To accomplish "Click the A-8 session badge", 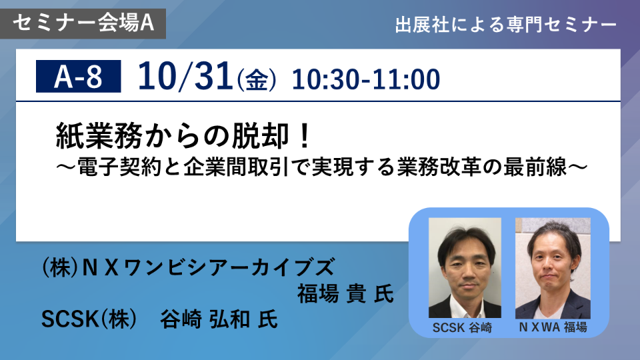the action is click(x=79, y=76).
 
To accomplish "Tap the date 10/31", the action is click(x=185, y=76).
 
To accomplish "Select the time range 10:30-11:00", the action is click(x=366, y=79).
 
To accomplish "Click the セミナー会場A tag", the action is click(x=83, y=23).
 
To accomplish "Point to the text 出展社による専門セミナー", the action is click(x=506, y=25).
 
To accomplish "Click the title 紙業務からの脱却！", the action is click(x=184, y=135).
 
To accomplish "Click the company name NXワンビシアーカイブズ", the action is click(x=209, y=267).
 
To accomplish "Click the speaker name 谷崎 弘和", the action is click(x=205, y=319).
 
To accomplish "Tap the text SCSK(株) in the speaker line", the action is click(x=89, y=319).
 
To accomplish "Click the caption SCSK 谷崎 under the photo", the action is click(x=463, y=327).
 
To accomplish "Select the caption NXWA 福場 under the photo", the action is click(x=553, y=327).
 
